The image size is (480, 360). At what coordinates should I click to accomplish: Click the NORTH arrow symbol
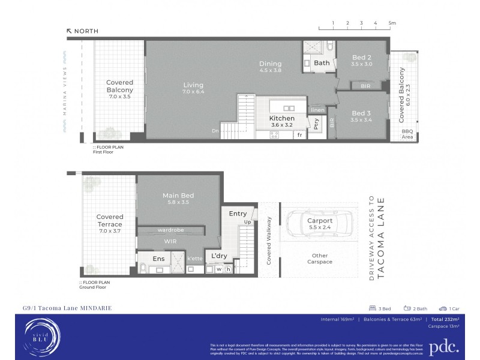click(x=70, y=31)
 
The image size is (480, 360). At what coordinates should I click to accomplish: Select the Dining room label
click(x=270, y=64)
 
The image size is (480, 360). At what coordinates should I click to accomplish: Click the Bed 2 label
click(x=362, y=57)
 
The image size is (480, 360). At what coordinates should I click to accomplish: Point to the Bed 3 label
click(x=362, y=113)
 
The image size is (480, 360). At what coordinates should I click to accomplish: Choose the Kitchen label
click(x=281, y=119)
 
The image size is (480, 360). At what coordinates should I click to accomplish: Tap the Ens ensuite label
click(x=158, y=259)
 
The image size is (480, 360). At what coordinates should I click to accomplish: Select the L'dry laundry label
click(x=218, y=256)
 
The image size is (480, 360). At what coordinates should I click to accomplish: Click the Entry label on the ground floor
click(x=238, y=213)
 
